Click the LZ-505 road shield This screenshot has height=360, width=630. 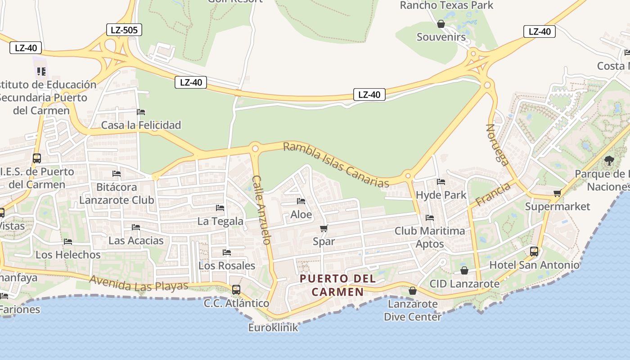click(124, 30)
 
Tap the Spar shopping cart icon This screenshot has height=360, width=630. click(324, 229)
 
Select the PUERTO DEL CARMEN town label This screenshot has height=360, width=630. click(337, 285)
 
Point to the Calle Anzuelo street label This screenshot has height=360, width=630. click(261, 210)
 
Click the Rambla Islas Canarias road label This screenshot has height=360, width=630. click(336, 165)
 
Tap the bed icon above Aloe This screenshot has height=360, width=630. click(301, 201)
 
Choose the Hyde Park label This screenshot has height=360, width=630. click(441, 195)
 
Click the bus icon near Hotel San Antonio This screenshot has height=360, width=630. click(534, 252)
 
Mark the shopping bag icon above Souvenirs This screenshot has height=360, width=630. click(441, 24)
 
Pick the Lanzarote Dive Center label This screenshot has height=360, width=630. click(413, 310)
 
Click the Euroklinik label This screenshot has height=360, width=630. click(273, 327)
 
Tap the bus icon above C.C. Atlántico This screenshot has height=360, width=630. click(236, 289)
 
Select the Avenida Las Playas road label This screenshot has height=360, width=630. click(139, 283)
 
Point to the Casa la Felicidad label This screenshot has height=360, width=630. click(141, 125)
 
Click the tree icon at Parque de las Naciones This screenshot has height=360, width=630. click(609, 160)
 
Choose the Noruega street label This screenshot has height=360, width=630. click(497, 145)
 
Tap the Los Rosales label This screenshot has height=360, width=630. click(227, 265)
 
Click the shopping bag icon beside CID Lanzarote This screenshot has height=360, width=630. click(464, 270)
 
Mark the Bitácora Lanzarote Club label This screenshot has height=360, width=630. click(117, 193)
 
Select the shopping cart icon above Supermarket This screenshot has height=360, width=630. click(557, 193)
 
